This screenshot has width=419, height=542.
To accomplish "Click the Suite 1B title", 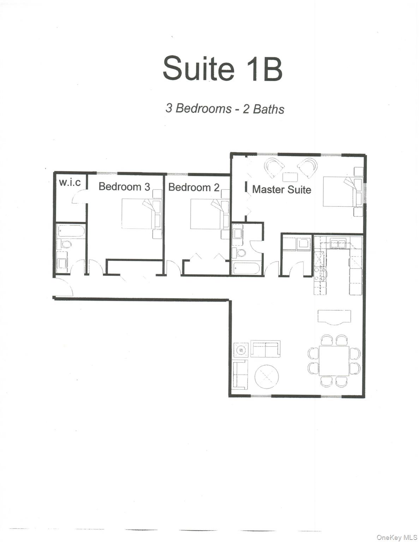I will (x=222, y=68).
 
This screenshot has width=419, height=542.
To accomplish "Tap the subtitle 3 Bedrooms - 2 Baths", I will (x=225, y=108).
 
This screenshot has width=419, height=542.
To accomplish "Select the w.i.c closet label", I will (x=70, y=182).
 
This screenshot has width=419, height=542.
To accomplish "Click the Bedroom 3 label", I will (x=124, y=186).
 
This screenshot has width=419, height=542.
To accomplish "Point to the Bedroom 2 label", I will (x=193, y=187).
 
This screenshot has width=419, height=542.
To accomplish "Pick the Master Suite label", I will (x=281, y=189).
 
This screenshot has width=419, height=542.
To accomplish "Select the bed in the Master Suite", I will (x=339, y=192).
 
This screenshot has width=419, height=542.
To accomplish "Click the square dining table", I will (x=334, y=361).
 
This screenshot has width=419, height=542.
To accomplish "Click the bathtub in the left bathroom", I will (x=71, y=231).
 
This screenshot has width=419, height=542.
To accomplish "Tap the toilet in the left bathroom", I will (x=65, y=244).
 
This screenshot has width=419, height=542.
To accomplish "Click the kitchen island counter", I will (x=334, y=316).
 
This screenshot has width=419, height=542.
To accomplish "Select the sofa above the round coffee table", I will (x=265, y=349).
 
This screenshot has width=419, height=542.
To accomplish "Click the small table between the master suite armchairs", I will (x=290, y=177).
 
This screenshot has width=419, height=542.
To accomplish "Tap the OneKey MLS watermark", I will (x=397, y=537).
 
